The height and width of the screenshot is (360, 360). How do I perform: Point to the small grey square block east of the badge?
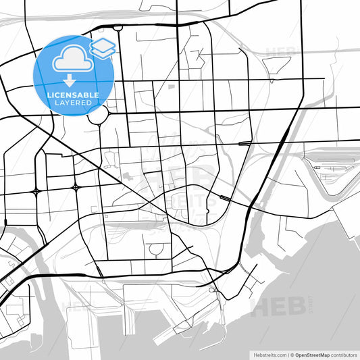click(x=172, y=87)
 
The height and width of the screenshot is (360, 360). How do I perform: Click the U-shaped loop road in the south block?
click(x=157, y=251)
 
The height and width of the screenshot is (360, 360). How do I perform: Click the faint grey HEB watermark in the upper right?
click(x=280, y=51)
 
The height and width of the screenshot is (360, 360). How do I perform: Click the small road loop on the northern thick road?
click(x=118, y=28)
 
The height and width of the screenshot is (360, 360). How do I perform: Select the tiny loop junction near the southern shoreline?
click(x=213, y=290)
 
